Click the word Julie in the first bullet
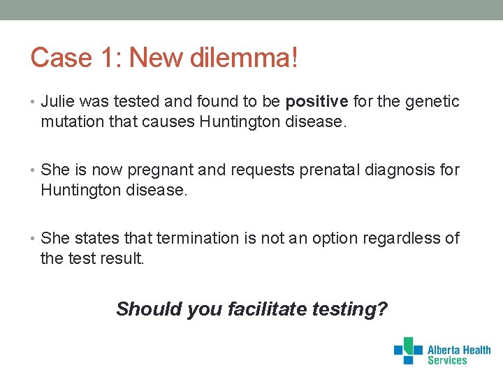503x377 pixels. (x=57, y=102)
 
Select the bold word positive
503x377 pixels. (x=316, y=102)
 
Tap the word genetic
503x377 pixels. (x=432, y=102)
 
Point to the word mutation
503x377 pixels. (x=71, y=123)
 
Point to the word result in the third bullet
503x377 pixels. (x=122, y=259)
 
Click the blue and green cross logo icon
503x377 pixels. (x=408, y=350)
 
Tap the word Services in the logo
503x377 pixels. (x=447, y=360)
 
